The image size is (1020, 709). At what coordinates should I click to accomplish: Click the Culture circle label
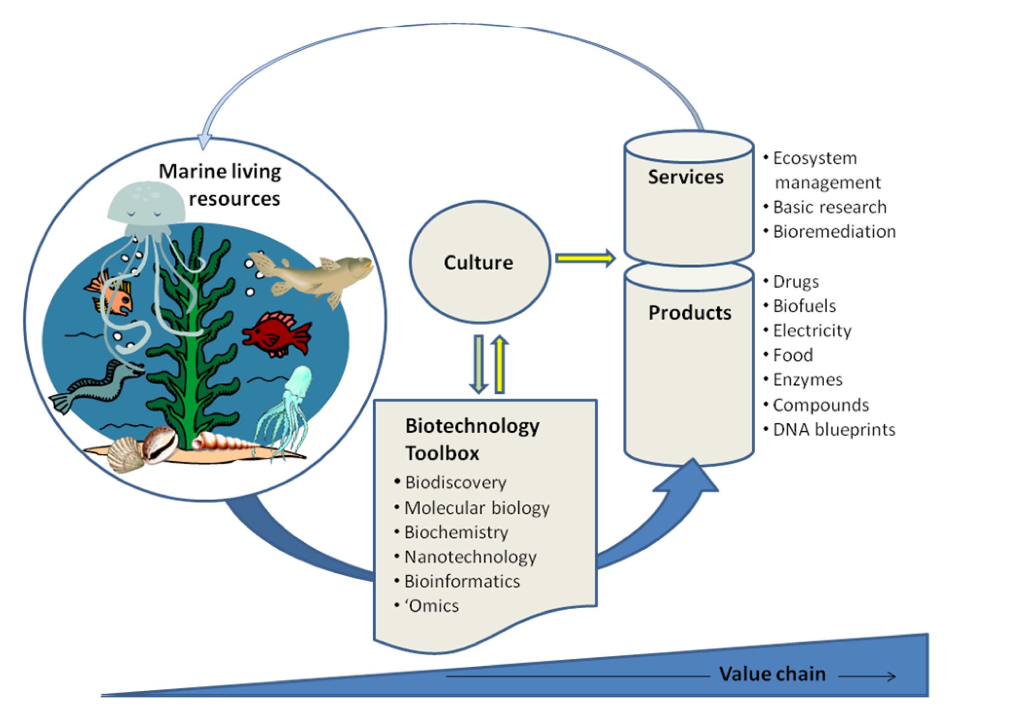pyautogui.click(x=478, y=263)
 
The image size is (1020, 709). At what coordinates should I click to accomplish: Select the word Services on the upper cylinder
pyautogui.click(x=686, y=177)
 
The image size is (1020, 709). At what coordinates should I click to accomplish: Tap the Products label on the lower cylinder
pyautogui.click(x=689, y=313)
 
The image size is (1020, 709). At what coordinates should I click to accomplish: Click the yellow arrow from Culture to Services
pyautogui.click(x=585, y=259)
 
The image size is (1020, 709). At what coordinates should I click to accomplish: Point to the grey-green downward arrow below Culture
pyautogui.click(x=478, y=365)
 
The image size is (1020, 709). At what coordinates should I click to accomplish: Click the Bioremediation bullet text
pyautogui.click(x=834, y=232)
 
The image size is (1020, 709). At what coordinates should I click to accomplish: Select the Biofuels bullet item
pyautogui.click(x=804, y=306)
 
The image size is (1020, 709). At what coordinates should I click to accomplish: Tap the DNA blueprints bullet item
pyautogui.click(x=834, y=430)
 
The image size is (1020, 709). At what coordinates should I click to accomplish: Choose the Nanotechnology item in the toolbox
pyautogui.click(x=470, y=557)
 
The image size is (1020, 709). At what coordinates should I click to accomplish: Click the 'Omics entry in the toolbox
pyautogui.click(x=431, y=606)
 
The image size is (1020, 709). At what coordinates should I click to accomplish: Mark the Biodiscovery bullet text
pyautogui.click(x=455, y=483)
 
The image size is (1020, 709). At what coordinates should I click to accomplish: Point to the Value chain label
pyautogui.click(x=772, y=674)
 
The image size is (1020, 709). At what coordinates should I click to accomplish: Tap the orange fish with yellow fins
pyautogui.click(x=113, y=294)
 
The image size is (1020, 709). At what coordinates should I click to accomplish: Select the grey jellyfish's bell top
pyautogui.click(x=145, y=199)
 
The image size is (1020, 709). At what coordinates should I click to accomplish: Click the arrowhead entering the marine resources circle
pyautogui.click(x=204, y=142)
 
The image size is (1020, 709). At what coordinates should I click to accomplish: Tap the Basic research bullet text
pyautogui.click(x=830, y=207)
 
